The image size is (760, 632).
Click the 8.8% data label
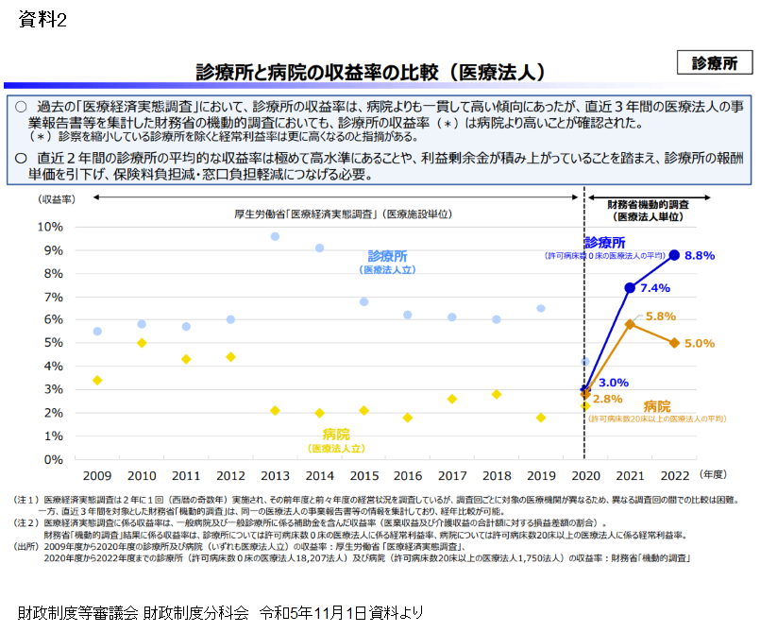700,255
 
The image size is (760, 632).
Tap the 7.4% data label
654,288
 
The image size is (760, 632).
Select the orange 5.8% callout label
660,316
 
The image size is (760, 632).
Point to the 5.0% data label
700,343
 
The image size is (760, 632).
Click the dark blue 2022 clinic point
674,255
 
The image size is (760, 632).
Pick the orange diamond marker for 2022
674,343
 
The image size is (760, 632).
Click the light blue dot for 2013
275,236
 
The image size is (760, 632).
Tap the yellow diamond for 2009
97,380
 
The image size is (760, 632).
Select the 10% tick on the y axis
50,227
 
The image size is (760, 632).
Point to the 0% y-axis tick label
54,460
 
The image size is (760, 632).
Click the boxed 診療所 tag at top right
715,63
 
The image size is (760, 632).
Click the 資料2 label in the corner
42,21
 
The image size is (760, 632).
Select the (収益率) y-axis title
58,199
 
